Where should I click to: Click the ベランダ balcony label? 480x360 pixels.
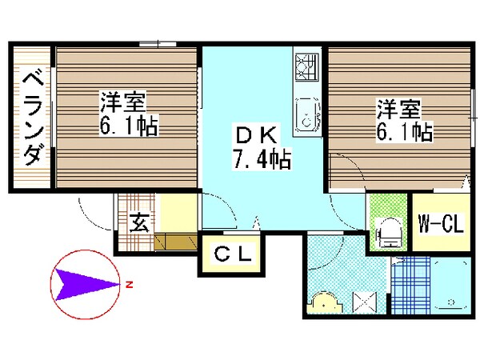click(32, 118)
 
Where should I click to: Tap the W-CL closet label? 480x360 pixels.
click(440, 224)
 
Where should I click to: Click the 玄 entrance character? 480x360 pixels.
click(138, 221)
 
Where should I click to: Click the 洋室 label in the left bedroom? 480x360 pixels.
click(124, 103)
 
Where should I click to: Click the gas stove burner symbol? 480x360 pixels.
click(306, 70)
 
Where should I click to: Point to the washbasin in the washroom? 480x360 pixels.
click(326, 302)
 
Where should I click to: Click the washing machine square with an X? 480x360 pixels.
click(364, 302)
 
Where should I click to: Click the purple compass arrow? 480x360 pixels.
click(83, 282)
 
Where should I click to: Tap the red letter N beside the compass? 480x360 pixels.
click(127, 282)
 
